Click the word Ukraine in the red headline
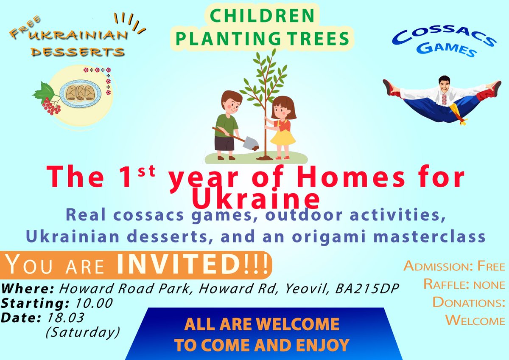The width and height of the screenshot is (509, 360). pyautogui.click(x=255, y=197)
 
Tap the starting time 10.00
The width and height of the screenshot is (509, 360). pyautogui.click(x=95, y=304)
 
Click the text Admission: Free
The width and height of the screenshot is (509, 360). pyautogui.click(x=454, y=267)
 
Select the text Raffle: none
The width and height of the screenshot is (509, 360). pyautogui.click(x=464, y=284)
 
